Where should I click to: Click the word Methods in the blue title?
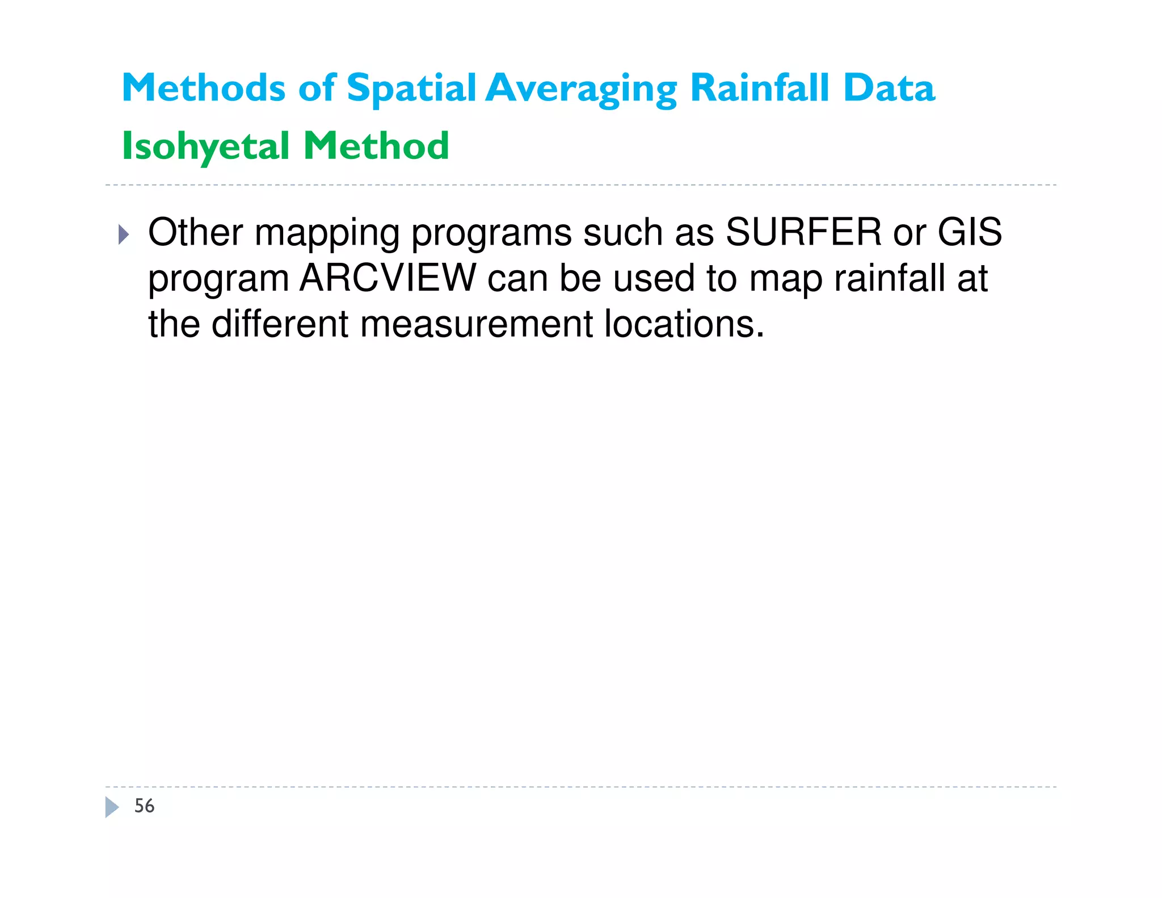pyautogui.click(x=204, y=88)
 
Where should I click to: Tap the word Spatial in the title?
pyautogui.click(x=411, y=89)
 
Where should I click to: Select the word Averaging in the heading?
pyautogui.click(x=582, y=89)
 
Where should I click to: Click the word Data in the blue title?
pyautogui.click(x=889, y=88)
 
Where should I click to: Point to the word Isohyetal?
pyautogui.click(x=206, y=146)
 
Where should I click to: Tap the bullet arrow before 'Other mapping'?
pyautogui.click(x=124, y=234)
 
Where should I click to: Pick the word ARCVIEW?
pyautogui.click(x=388, y=278)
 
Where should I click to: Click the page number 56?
pyautogui.click(x=144, y=806)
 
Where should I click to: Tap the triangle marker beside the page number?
pyautogui.click(x=112, y=807)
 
